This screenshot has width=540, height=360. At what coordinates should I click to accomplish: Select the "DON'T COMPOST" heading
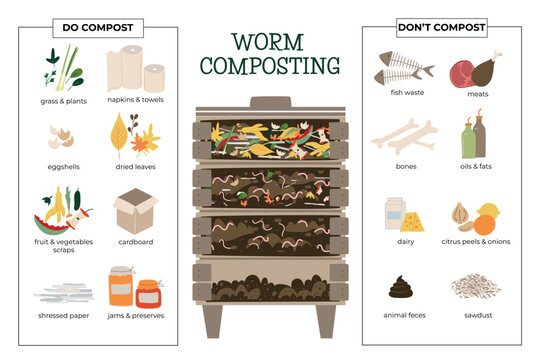pyautogui.click(x=442, y=27)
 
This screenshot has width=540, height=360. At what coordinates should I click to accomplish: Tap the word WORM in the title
pyautogui.click(x=270, y=43)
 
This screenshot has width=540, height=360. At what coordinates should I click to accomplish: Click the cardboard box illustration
pyautogui.click(x=135, y=211)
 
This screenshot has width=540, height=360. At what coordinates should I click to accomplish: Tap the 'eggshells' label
pyautogui.click(x=65, y=167)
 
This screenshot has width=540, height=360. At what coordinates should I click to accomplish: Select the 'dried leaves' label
pyautogui.click(x=134, y=167)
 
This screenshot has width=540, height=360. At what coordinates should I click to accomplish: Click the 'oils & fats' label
pyautogui.click(x=475, y=167)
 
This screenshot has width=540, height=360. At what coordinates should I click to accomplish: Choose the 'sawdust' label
pyautogui.click(x=475, y=315)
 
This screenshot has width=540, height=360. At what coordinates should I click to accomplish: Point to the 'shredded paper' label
pyautogui.click(x=65, y=315)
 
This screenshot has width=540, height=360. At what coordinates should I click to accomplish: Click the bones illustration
pyautogui.click(x=404, y=135)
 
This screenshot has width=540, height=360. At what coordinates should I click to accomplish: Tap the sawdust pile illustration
pyautogui.click(x=475, y=287)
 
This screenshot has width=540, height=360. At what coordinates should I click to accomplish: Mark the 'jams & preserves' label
pyautogui.click(x=134, y=315)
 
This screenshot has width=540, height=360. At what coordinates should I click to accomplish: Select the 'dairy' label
pyautogui.click(x=405, y=241)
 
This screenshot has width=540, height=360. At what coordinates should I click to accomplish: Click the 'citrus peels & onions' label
pyautogui.click(x=475, y=241)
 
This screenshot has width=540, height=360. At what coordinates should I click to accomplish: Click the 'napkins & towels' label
pyautogui.click(x=134, y=99)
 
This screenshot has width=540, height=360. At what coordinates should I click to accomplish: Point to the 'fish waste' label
pyautogui.click(x=405, y=93)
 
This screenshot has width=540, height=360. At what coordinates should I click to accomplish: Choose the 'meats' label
pyautogui.click(x=475, y=93)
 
